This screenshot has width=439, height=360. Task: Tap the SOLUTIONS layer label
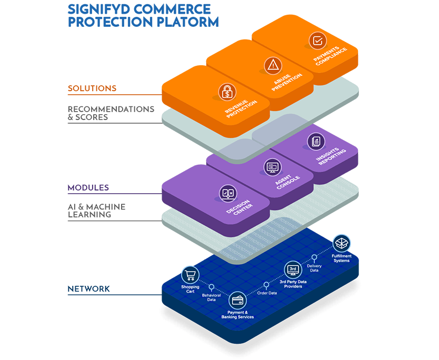(x=92, y=88)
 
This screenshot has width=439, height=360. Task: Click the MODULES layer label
(x=88, y=188)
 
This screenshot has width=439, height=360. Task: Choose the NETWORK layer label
(x=89, y=289)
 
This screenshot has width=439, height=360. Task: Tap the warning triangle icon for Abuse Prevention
(x=273, y=65)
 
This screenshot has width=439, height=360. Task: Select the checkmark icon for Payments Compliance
(x=317, y=40)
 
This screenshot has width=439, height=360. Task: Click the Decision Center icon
(x=227, y=193)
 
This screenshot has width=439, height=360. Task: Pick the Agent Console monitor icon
(x=272, y=167)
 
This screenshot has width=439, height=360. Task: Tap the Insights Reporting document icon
(x=316, y=141)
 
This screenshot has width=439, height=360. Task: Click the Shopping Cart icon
(x=190, y=275)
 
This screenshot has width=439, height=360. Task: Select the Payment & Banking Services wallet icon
(x=238, y=301)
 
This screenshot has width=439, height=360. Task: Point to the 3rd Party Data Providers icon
(x=293, y=269)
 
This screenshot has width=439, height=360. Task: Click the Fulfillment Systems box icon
(x=342, y=243)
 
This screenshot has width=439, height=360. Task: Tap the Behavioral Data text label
(x=211, y=298)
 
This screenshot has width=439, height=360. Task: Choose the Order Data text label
(x=267, y=293)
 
